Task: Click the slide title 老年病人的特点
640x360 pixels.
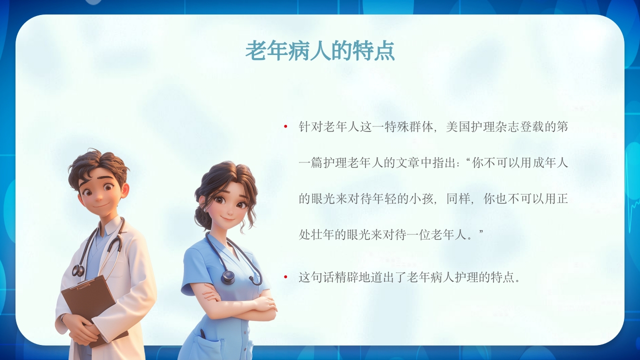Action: click(x=320, y=51)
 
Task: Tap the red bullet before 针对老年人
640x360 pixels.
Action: click(x=285, y=126)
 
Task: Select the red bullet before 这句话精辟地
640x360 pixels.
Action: click(x=285, y=276)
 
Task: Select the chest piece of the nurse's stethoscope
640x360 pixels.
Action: click(x=228, y=277)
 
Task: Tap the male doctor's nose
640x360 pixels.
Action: click(x=96, y=196)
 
